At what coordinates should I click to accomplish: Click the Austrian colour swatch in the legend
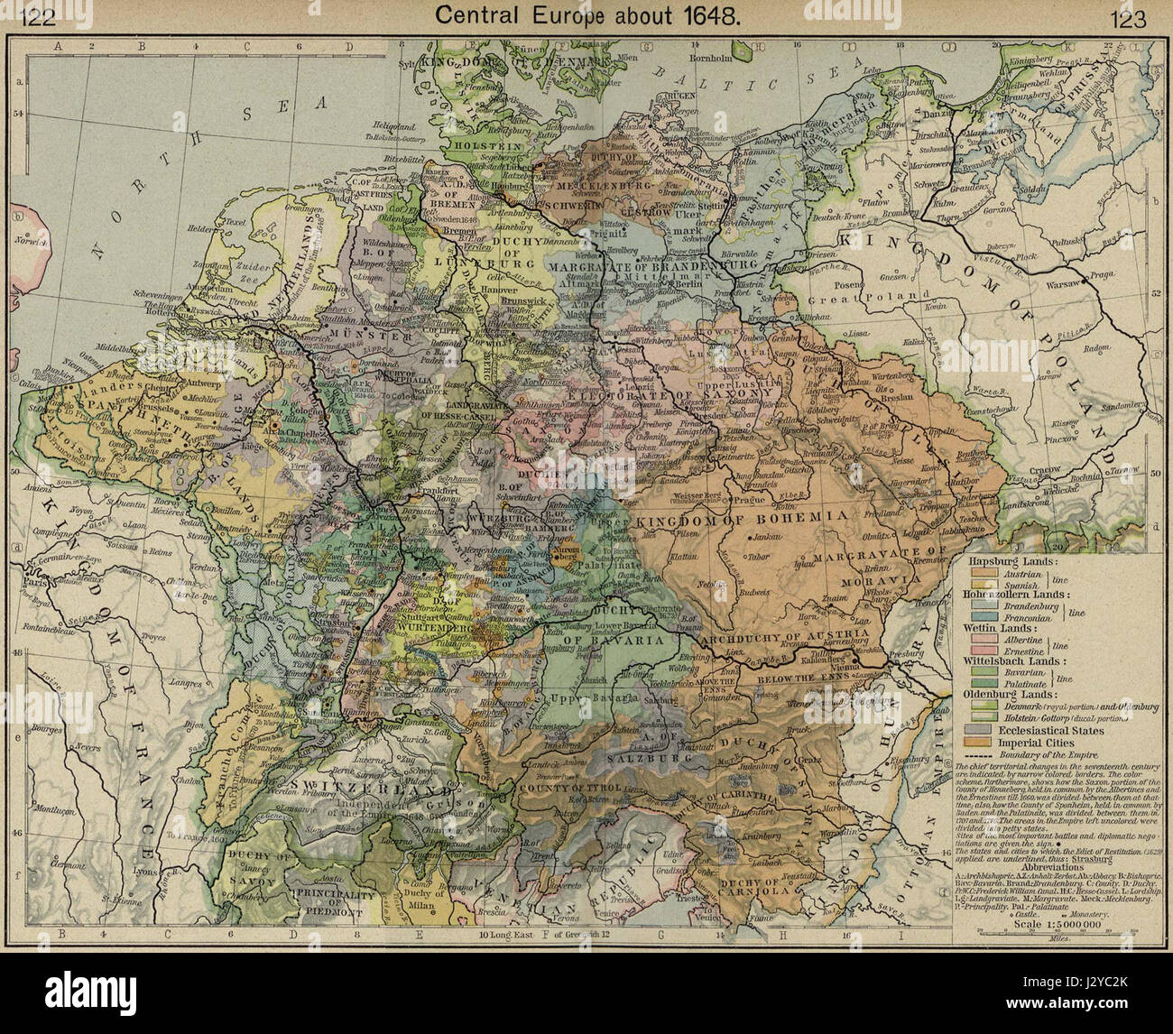point(981,573)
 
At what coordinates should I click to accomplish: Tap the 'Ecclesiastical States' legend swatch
point(981,730)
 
